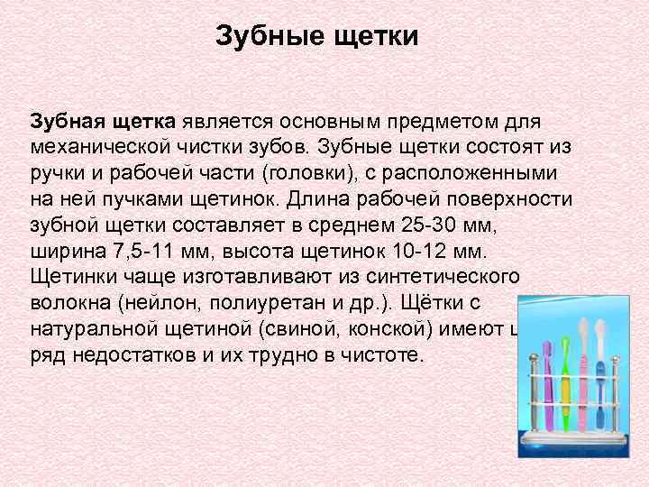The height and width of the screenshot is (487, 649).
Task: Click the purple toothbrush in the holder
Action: (x=548, y=379)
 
